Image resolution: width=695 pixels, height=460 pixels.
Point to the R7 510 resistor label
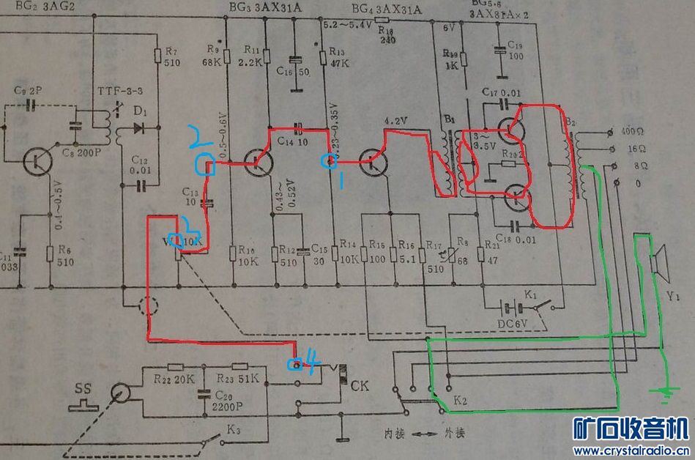click(x=171, y=57)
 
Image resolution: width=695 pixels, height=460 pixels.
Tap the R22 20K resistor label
click(x=174, y=379)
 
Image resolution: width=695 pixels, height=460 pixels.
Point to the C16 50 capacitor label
click(x=292, y=72)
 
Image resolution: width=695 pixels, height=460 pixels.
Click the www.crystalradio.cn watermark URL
click(x=629, y=450)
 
